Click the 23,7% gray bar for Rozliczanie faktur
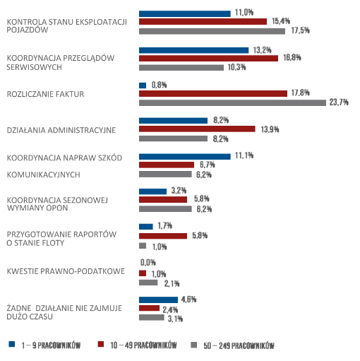232,102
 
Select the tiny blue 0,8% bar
143,85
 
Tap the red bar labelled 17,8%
213,94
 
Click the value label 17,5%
300,30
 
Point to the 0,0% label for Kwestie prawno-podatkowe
148,262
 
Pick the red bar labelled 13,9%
197,129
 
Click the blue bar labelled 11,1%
185,157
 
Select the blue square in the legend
12,344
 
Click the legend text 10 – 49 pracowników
143,345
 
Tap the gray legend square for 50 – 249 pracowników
193,345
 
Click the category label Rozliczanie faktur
45,94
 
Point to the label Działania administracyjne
61,130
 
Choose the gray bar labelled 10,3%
181,68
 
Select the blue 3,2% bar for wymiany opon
152,191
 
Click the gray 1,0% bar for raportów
143,246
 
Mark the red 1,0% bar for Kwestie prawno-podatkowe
143,273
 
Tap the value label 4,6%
188,300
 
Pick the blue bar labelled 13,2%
193,50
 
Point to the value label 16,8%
292,57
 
